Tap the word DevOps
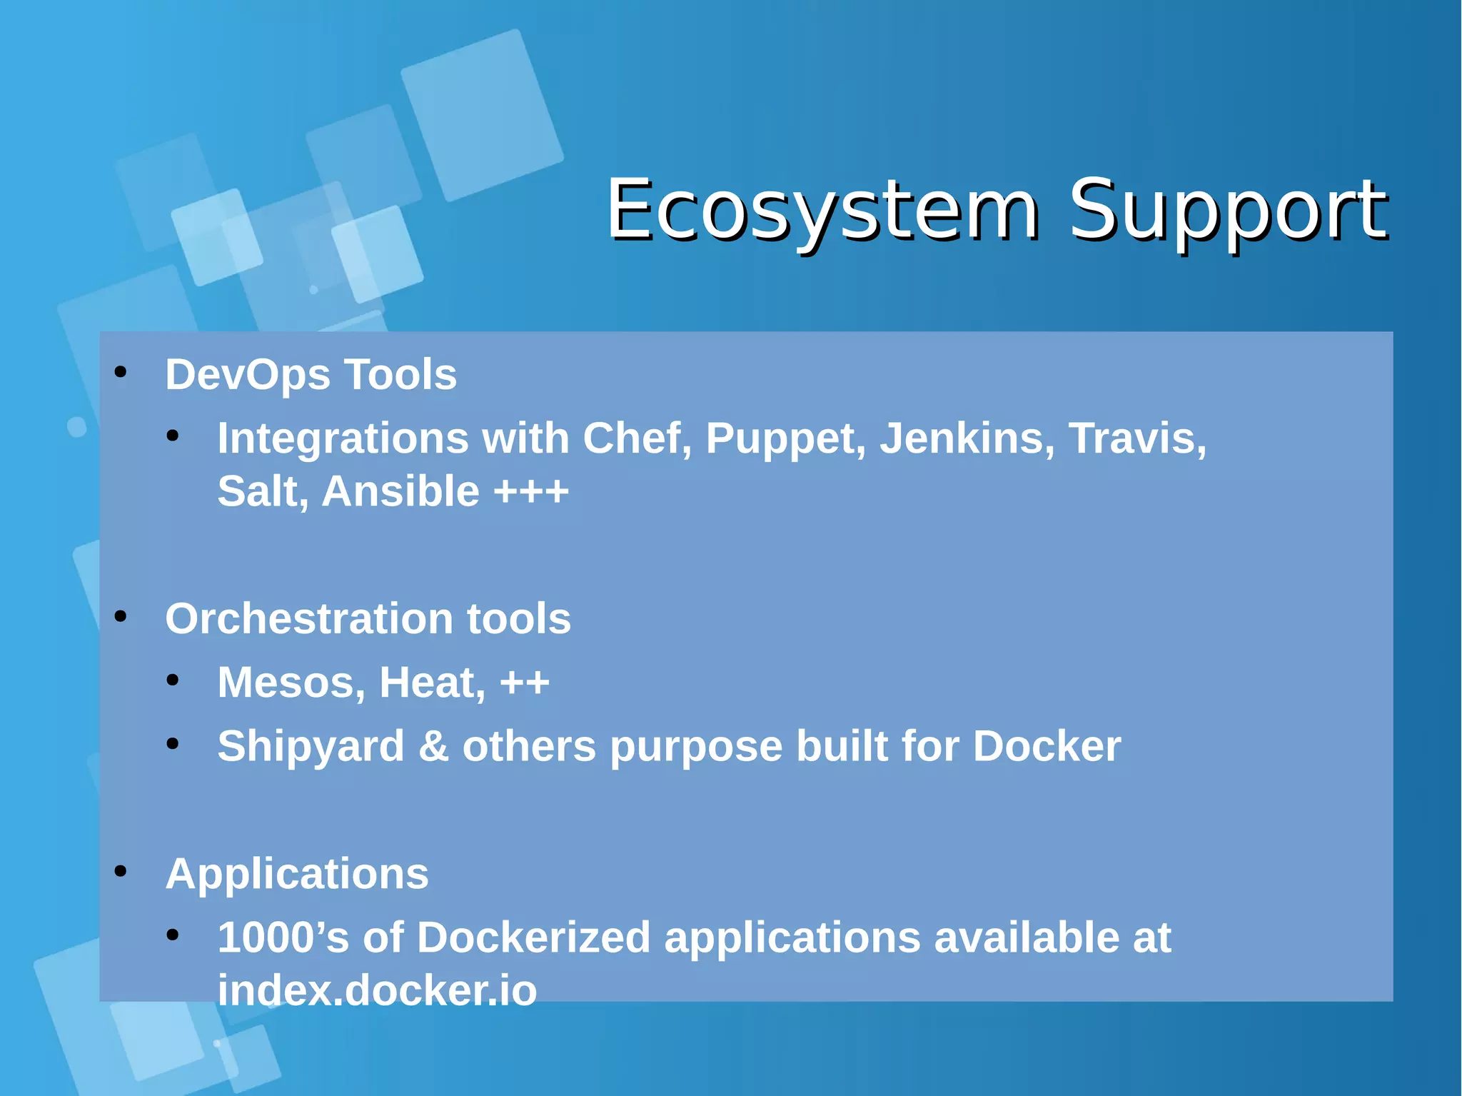247,375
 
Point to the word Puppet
785,439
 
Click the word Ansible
400,492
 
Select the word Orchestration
309,618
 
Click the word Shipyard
311,747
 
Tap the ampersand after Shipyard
433,747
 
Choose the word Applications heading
297,874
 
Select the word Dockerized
533,937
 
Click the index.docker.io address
377,991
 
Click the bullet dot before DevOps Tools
121,372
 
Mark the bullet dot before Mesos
173,680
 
